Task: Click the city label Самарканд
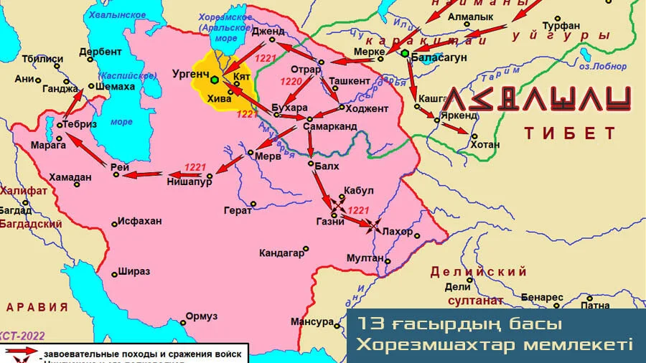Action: tap(330, 126)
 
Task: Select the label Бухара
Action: tap(290, 108)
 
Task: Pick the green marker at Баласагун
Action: tap(405, 54)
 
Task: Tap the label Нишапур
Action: tap(189, 182)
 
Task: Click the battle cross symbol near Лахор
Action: tap(373, 225)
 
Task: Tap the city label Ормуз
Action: tap(201, 316)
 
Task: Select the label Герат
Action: tap(238, 210)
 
